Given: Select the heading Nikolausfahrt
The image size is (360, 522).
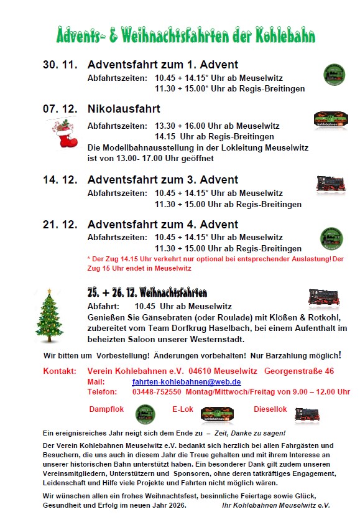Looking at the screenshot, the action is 124,109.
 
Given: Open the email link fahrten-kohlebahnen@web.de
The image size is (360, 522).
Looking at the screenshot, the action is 187,381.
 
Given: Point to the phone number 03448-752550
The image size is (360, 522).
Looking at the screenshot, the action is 157,392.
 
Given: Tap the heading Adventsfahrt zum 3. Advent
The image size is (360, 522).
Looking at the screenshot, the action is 163,180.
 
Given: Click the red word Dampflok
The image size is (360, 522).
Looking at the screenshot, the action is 107,410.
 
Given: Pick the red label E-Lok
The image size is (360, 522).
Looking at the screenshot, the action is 184,410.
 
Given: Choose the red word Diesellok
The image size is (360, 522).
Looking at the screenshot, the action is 270,410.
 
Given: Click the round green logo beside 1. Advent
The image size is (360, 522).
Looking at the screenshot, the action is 333,74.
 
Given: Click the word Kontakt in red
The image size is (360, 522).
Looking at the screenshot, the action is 60,371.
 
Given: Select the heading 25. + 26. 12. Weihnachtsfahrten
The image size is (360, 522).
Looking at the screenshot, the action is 147,293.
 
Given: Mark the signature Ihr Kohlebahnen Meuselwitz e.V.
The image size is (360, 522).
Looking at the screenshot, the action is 275,506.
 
